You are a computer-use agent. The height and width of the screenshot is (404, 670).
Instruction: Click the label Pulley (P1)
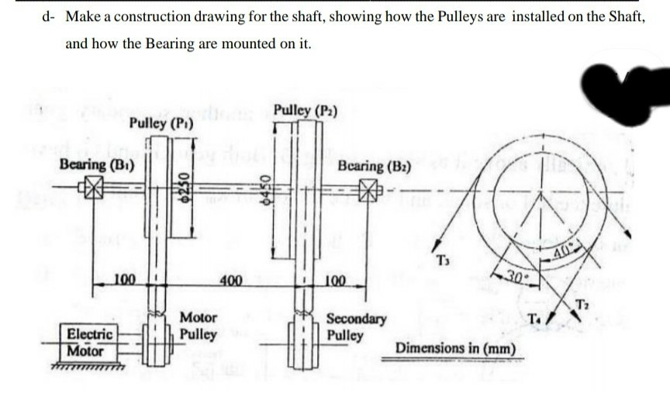(162, 123)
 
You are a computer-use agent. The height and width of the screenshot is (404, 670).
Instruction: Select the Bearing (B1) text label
(97, 165)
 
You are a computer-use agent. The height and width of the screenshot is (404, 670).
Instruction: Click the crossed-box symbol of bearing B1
(93, 188)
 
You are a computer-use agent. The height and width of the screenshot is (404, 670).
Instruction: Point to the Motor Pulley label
(199, 326)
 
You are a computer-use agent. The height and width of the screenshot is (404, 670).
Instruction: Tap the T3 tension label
(443, 259)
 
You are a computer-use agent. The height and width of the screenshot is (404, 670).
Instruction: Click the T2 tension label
(584, 303)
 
